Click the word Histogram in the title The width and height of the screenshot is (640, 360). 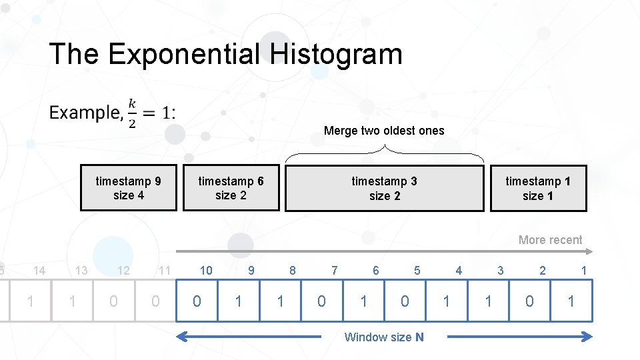point(337,54)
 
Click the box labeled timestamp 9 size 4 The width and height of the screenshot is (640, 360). point(129,188)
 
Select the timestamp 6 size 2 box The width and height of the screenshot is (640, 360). point(231,188)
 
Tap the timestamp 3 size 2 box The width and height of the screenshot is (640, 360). point(385,188)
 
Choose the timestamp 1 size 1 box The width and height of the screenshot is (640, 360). point(538,188)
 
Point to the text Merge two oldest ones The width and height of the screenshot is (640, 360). point(384,131)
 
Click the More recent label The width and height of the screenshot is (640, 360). point(550,240)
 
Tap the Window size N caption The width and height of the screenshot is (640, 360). point(384,337)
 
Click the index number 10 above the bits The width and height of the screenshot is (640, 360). point(206,270)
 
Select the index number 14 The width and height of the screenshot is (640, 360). point(39,270)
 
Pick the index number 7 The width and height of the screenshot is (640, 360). point(334,270)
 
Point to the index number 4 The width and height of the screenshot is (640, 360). point(459,270)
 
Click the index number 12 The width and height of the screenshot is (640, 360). point(123,270)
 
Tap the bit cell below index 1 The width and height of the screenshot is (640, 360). point(571,301)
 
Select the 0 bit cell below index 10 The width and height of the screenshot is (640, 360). point(197,301)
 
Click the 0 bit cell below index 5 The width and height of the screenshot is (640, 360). point(405,301)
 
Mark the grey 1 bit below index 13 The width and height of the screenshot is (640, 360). point(72,301)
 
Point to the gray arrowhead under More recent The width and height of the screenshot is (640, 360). point(589,251)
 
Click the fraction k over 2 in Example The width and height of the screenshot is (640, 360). point(132,113)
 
